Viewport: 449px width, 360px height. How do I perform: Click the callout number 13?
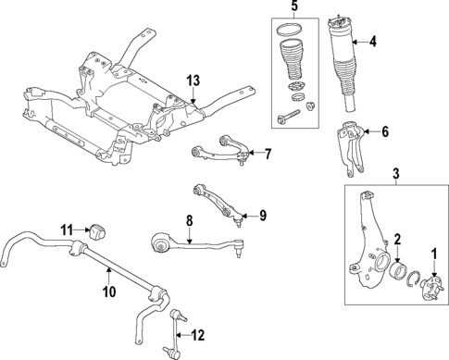coord(192,81)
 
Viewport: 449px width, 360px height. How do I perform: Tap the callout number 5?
coord(295,8)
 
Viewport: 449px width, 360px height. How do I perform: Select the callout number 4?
coord(372,41)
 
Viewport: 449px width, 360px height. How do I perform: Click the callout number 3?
coord(396,173)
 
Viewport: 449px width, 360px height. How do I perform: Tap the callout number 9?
coord(263,217)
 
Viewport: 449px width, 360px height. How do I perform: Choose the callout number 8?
coord(188,221)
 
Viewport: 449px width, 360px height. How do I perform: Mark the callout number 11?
coord(66,230)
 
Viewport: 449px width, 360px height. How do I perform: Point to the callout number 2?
coord(398,239)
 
